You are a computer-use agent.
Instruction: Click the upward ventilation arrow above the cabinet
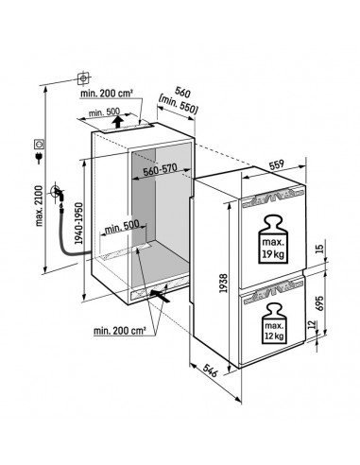click(115, 121)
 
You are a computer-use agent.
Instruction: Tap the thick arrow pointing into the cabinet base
click(162, 297)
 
